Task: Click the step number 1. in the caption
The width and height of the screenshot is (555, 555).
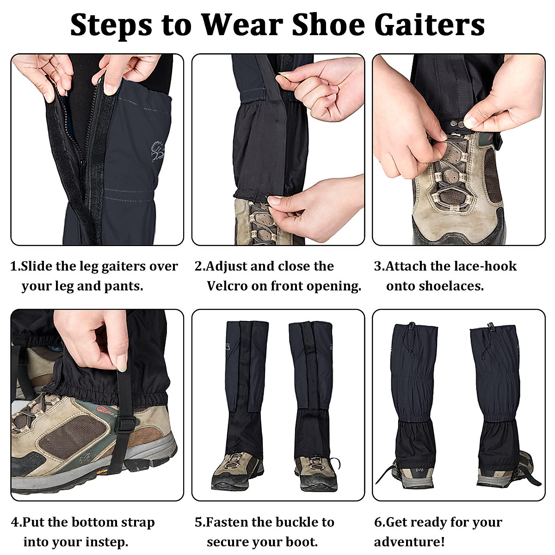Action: (15, 266)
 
